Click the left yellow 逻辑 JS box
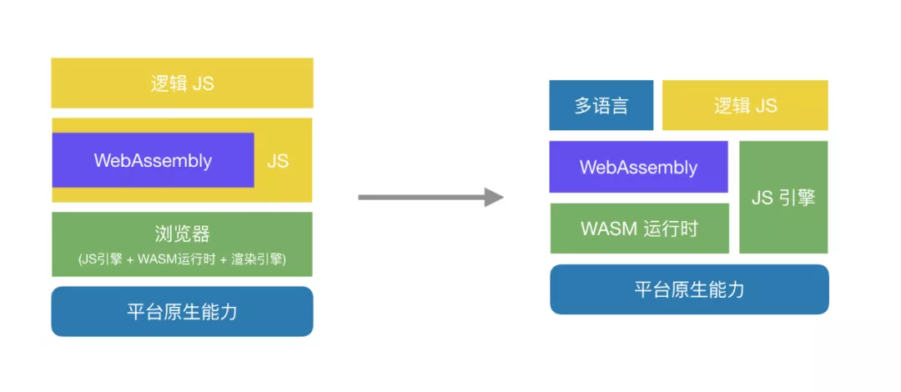[182, 83]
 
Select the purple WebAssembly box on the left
[153, 160]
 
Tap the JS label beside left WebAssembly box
[278, 161]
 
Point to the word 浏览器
[182, 233]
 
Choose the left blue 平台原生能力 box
[182, 311]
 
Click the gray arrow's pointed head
[493, 197]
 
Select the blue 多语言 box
[601, 106]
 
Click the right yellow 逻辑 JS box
[745, 106]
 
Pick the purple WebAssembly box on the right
[638, 167]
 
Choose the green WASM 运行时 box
[639, 229]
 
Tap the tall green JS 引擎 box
[783, 198]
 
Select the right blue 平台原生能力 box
[689, 289]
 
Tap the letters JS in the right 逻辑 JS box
[766, 106]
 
